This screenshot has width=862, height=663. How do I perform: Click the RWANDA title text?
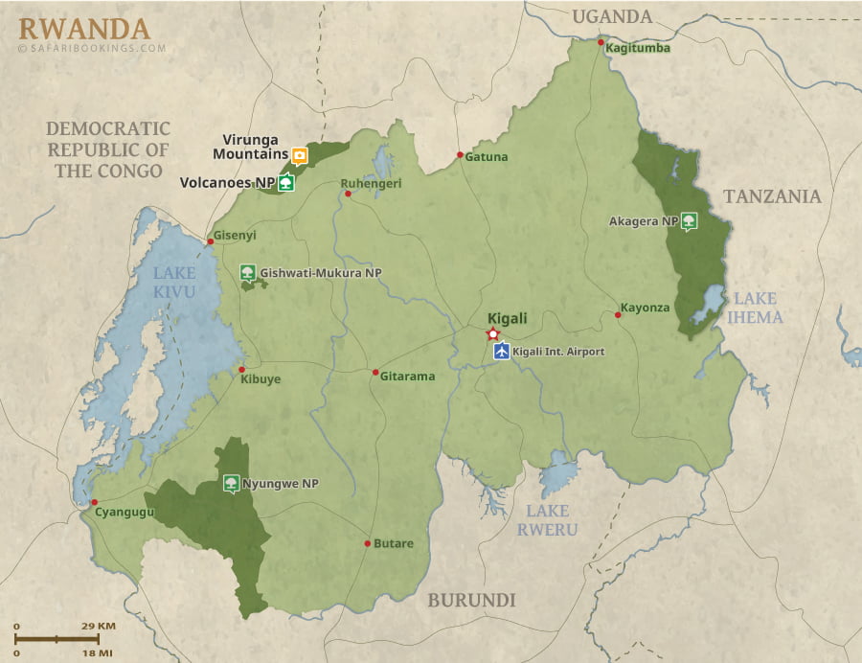83,27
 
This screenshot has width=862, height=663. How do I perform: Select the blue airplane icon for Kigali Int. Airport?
501,352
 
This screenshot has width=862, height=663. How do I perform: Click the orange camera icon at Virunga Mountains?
300,155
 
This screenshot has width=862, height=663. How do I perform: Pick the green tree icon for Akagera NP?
689,221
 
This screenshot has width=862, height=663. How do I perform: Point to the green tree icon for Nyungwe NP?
231,484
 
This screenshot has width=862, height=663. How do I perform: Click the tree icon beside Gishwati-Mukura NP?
248,273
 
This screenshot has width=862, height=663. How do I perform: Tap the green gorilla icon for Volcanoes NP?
285,183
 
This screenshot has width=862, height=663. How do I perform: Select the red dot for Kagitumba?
601,42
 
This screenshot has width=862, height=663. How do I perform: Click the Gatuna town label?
487,156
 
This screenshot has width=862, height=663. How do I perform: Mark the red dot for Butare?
367,543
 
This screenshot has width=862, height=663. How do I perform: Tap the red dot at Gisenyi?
210,241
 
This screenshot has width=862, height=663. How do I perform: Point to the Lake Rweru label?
548,519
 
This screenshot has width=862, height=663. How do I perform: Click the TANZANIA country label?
772,196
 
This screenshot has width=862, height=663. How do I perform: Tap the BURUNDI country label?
471,601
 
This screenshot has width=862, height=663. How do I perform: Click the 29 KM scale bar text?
98,626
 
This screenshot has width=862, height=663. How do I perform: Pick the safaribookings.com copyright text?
92,48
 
